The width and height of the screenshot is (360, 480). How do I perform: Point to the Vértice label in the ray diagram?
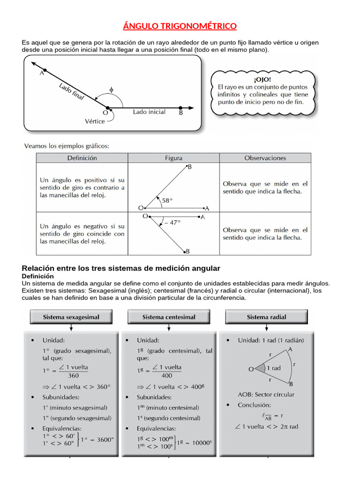coord(95,121)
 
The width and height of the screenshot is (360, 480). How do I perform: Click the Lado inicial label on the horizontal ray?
coord(149,112)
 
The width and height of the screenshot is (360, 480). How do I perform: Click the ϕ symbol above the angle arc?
coord(111,89)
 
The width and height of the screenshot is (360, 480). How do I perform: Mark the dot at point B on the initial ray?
coord(181,107)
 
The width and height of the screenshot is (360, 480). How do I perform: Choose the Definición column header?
coord(82,158)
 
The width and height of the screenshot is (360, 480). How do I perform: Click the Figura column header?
coord(173,158)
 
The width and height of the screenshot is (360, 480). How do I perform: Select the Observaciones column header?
coord(265,158)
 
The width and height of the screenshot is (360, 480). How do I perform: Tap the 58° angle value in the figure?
coord(167,200)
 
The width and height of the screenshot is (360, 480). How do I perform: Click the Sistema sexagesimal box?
coord(71,317)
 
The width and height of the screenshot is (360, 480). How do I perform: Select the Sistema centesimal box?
coord(169,317)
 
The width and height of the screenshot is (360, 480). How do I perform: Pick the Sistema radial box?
coord(266,317)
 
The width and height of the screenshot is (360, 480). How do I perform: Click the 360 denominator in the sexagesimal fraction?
coord(74,375)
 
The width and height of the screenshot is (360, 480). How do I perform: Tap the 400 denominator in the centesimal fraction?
coord(166,375)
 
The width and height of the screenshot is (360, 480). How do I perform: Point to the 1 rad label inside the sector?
coord(273,368)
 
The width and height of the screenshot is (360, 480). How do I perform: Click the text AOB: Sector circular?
coord(266,394)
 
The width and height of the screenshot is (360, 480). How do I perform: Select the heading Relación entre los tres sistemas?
coord(121,268)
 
